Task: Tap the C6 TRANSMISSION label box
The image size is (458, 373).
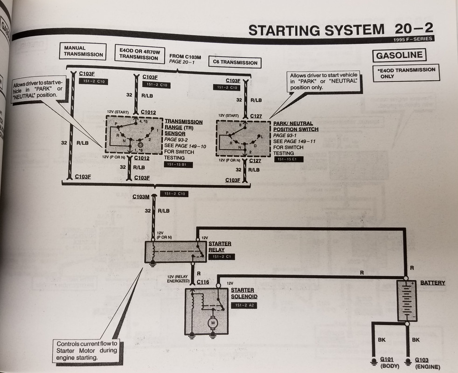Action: pyautogui.click(x=239, y=62)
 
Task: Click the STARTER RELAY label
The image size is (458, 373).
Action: pyautogui.click(x=220, y=247)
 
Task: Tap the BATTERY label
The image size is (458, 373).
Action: pyautogui.click(x=432, y=283)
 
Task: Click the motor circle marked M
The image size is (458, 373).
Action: pyautogui.click(x=212, y=322)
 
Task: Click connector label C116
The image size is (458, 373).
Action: pyautogui.click(x=203, y=282)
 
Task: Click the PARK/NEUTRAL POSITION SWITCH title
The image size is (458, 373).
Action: pyautogui.click(x=296, y=126)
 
